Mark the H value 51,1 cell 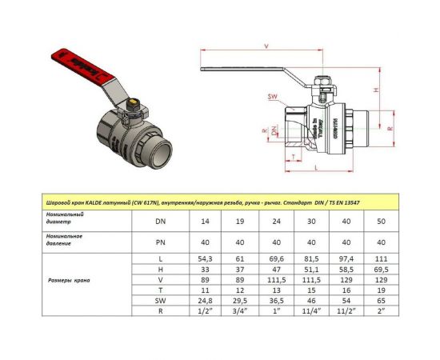pyautogui.click(x=309, y=272)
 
